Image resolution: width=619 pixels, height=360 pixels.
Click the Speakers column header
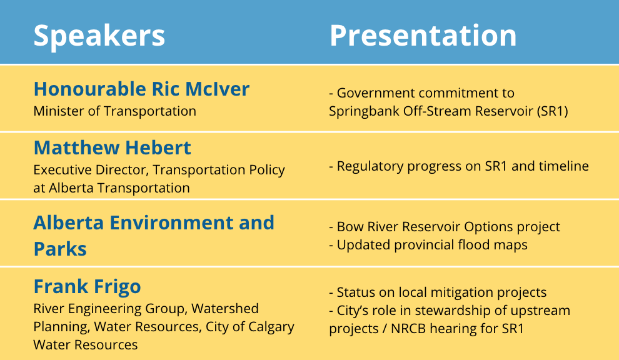[99, 36]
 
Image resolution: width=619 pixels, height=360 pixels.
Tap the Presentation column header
[423, 35]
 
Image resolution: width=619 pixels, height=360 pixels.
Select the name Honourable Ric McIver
[141, 89]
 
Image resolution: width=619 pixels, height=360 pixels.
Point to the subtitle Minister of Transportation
[114, 111]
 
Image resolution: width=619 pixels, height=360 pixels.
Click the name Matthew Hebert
[112, 147]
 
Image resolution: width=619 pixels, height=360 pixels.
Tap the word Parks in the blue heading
[60, 249]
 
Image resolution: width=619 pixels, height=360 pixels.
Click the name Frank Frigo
[87, 287]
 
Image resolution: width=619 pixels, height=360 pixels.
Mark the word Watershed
[224, 308]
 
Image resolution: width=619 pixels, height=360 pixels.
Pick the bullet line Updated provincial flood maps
[428, 245]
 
